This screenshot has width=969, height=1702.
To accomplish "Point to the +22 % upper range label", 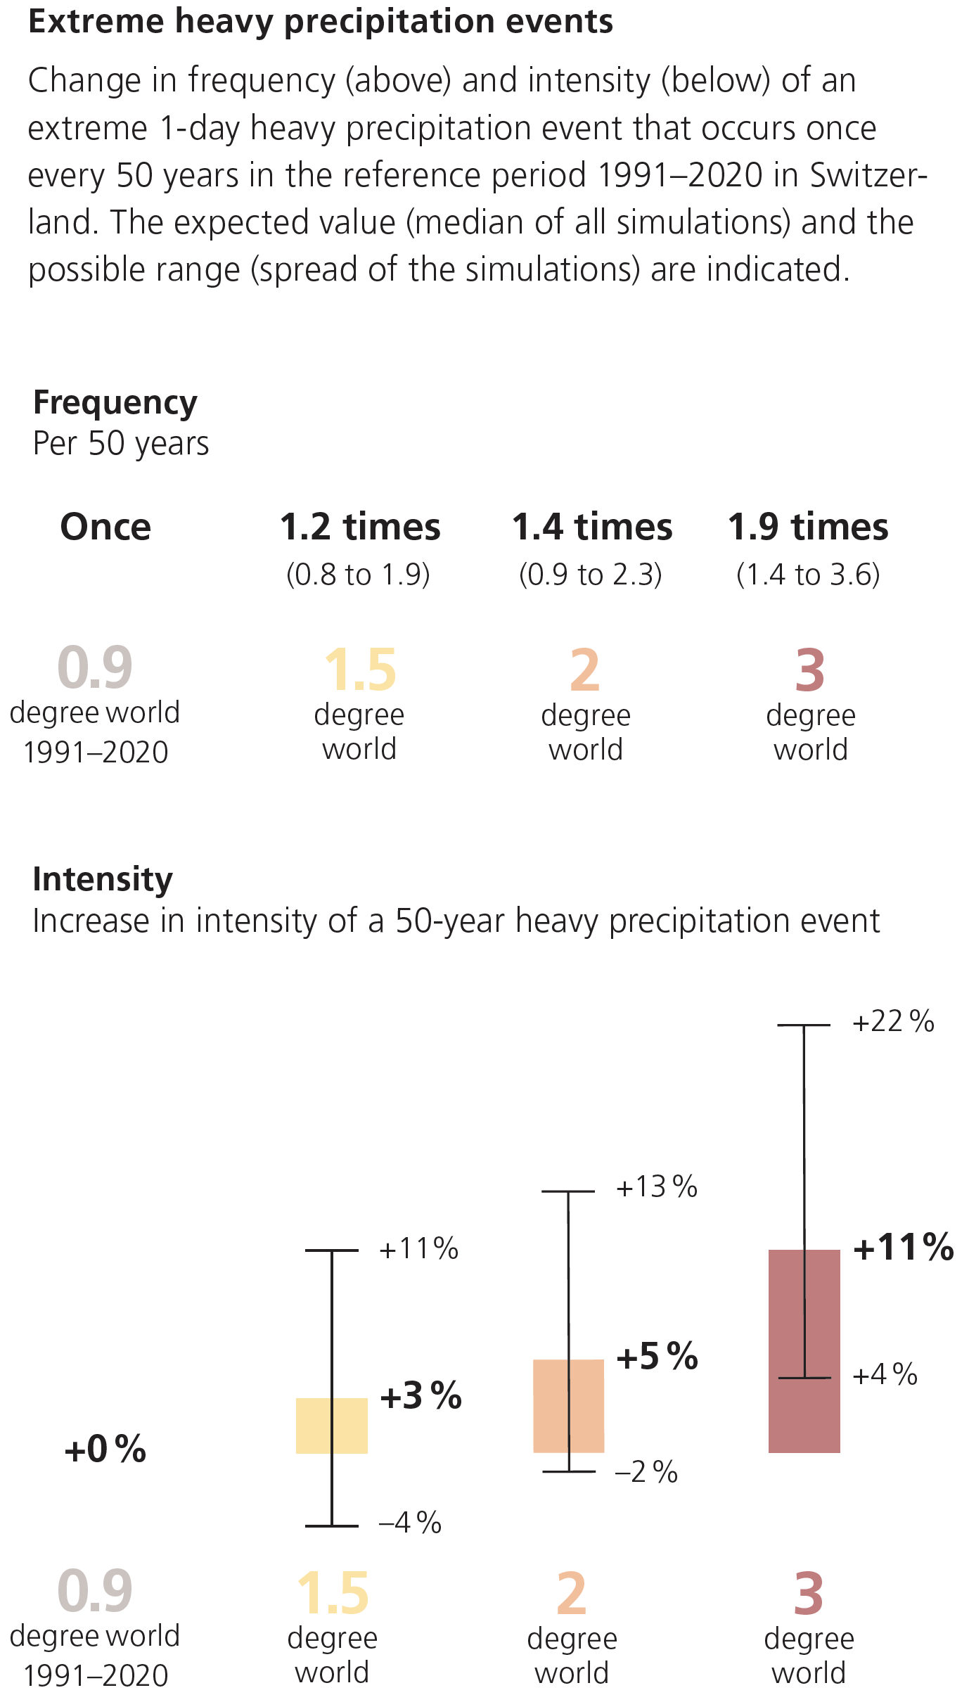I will [893, 1021].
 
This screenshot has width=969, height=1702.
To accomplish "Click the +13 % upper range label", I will [657, 1186].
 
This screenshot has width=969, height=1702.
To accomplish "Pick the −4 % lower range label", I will [410, 1522].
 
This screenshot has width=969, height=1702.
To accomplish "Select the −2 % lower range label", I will [646, 1471].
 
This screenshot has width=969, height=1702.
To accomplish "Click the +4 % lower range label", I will [885, 1374].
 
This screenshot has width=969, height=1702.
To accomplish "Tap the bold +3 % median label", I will [421, 1395].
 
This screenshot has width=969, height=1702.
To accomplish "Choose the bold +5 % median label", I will [657, 1356].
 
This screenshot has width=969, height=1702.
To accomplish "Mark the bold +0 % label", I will [105, 1449].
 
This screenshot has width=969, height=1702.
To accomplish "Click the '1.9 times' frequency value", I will [808, 527].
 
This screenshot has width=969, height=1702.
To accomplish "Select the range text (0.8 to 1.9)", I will [358, 575].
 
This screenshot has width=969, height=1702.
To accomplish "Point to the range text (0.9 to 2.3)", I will [591, 575].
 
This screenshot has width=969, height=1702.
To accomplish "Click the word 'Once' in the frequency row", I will [105, 527].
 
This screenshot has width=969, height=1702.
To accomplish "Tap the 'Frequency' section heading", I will [115, 403].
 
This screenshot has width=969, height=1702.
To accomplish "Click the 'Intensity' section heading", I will [103, 879].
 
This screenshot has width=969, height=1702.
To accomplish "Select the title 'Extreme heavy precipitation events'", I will [321, 22].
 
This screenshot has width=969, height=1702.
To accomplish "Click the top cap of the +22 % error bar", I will [804, 1025].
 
